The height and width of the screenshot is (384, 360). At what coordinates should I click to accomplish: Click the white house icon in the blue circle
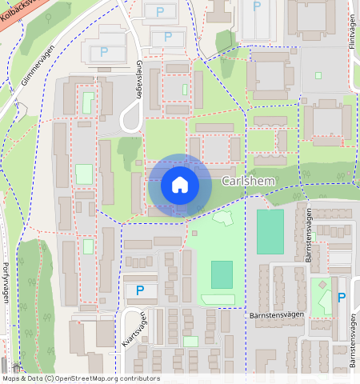point(180,186)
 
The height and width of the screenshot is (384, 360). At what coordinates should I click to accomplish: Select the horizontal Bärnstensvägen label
point(271,314)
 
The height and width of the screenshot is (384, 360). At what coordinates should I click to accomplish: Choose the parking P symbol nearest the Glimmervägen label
point(104,52)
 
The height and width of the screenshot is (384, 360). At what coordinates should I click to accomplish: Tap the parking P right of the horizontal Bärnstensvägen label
point(342,298)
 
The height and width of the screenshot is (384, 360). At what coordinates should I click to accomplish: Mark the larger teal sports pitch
point(270,231)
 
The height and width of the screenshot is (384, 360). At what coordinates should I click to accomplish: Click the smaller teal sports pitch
point(222,274)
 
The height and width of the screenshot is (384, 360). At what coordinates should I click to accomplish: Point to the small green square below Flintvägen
point(318,76)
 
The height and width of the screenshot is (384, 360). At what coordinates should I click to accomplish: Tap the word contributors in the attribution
point(140,378)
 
